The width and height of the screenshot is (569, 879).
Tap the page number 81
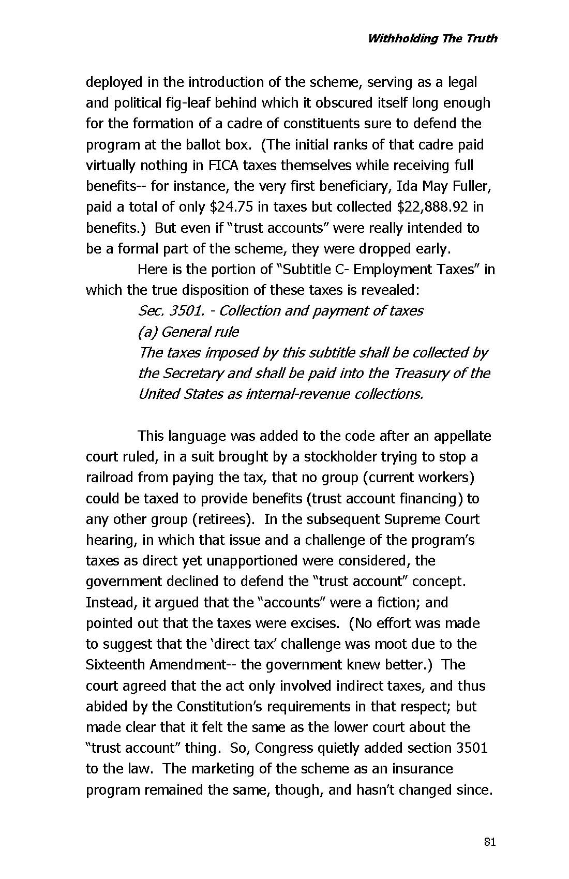pyautogui.click(x=490, y=842)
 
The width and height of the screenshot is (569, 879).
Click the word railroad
pyautogui.click(x=110, y=478)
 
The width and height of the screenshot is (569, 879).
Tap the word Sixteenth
pyautogui.click(x=113, y=665)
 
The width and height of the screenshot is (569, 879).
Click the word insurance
pyautogui.click(x=420, y=769)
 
